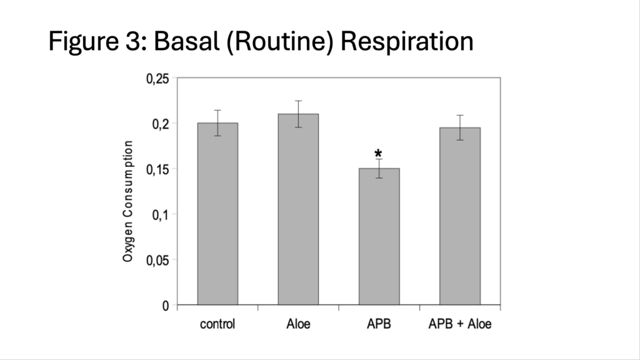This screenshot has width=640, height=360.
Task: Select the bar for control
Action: [217, 214]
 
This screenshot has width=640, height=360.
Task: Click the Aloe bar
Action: [298, 209]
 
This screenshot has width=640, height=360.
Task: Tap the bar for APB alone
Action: [379, 237]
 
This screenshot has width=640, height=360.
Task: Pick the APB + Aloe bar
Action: [460, 216]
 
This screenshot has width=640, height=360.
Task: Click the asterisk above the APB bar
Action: [378, 154]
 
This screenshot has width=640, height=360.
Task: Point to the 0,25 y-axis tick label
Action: [157, 79]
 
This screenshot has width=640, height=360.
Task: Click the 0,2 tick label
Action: [161, 124]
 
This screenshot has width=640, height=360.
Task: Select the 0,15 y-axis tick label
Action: [157, 169]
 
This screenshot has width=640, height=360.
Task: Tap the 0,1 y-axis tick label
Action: [161, 215]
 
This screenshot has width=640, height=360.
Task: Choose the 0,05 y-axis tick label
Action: [157, 260]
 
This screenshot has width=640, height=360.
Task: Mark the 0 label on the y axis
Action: [165, 306]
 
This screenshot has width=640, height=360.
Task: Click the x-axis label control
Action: [217, 324]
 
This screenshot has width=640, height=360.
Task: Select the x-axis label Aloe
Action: [298, 324]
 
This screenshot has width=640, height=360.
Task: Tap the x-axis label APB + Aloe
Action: [460, 324]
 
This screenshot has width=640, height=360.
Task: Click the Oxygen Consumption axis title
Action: [127, 201]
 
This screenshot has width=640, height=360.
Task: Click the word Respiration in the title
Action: [407, 41]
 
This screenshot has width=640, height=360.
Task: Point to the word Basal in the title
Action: [186, 41]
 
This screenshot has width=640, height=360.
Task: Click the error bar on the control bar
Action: [217, 123]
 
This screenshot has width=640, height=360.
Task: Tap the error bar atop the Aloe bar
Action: [298, 114]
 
